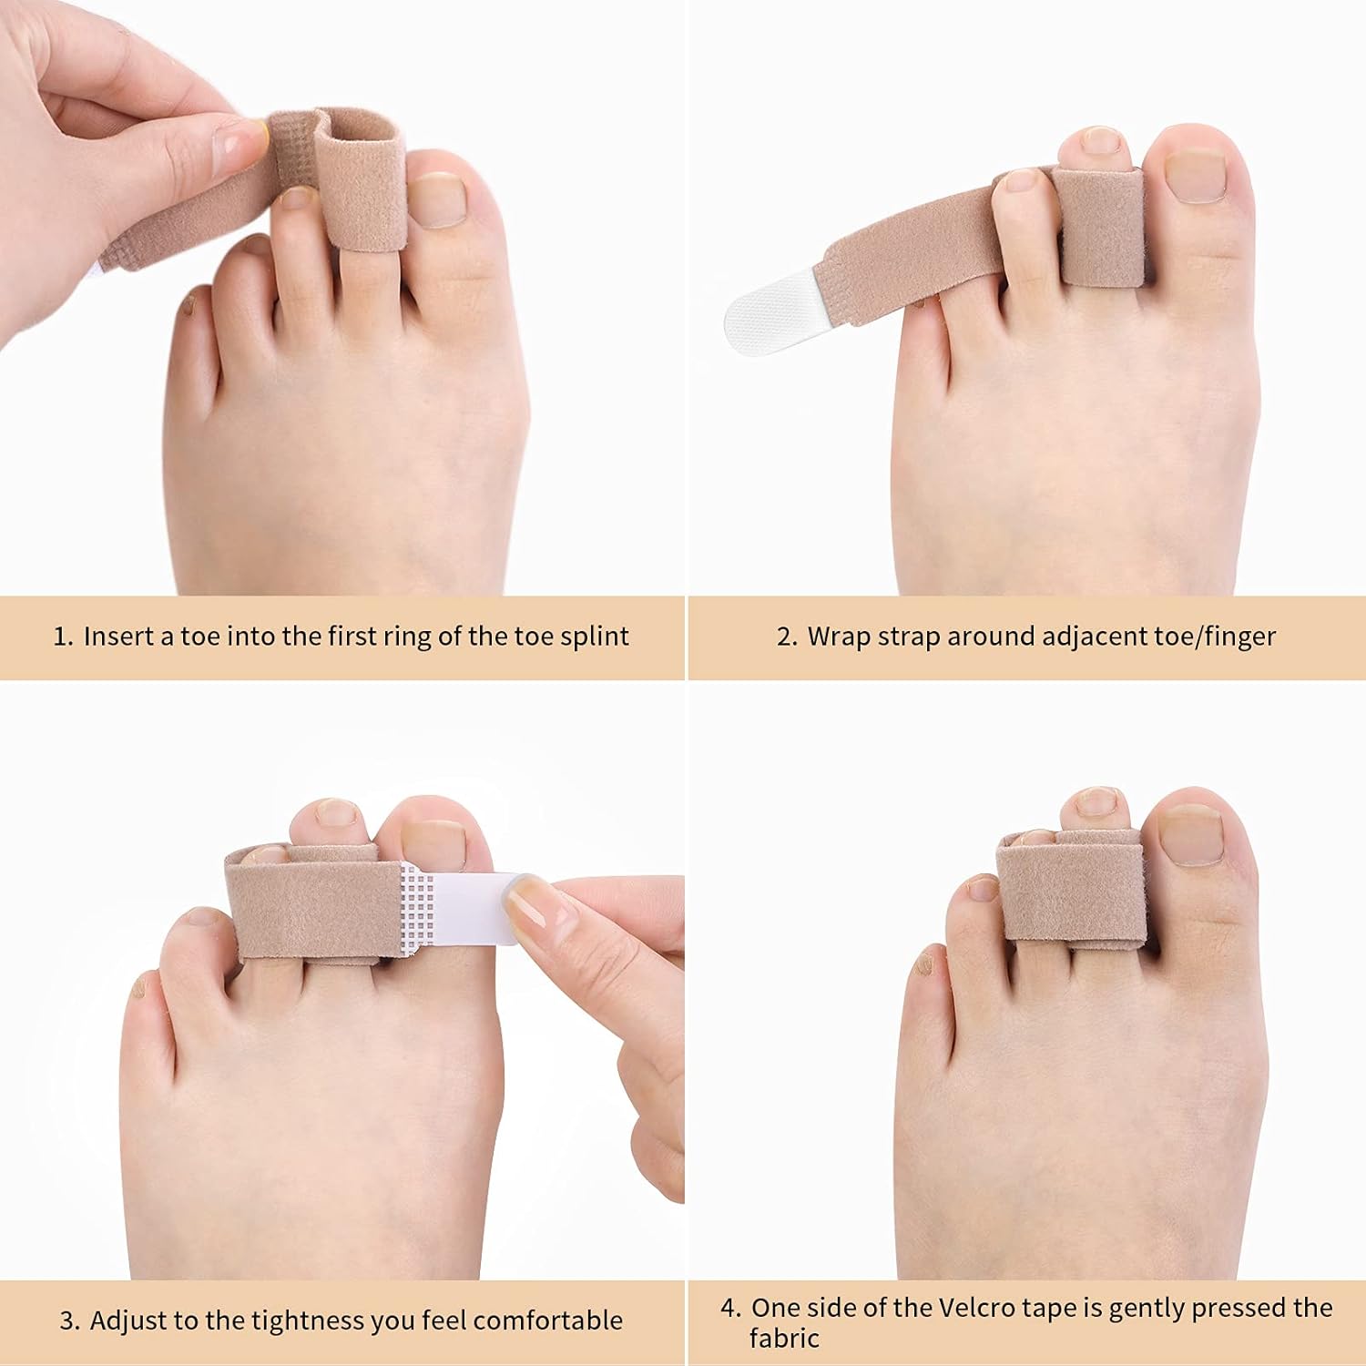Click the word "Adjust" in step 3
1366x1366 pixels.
point(127,1320)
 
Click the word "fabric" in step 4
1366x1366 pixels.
point(784,1339)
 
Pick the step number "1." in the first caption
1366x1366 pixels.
point(63,637)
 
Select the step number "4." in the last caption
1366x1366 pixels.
point(731,1309)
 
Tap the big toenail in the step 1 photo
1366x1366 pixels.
point(437,199)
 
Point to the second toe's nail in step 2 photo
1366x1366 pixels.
point(1100,141)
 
